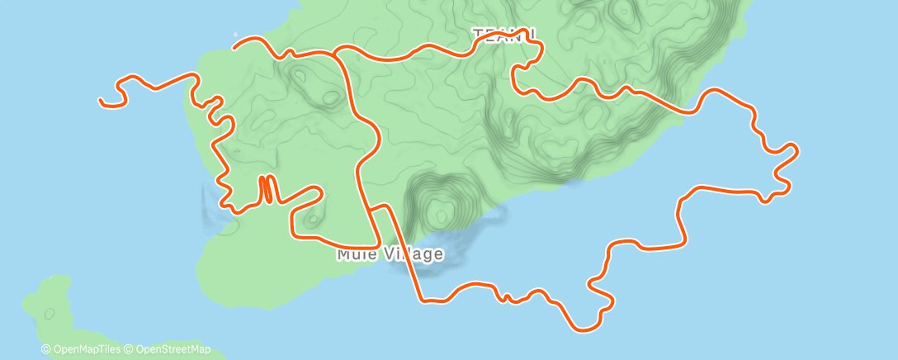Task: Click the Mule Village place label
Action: (x=390, y=254)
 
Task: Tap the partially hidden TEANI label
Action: (x=504, y=36)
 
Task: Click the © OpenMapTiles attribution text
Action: (x=82, y=350)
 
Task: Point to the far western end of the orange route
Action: (x=101, y=101)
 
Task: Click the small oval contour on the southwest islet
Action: (x=50, y=313)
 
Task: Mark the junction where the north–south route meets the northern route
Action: (x=336, y=52)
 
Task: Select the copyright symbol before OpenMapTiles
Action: (x=46, y=350)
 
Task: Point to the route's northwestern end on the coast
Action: (x=235, y=46)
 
